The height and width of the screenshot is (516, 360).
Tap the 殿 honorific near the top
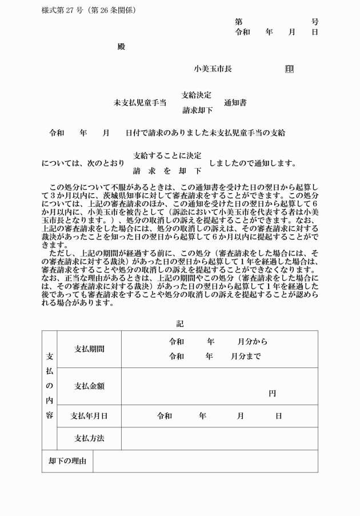tap(121, 46)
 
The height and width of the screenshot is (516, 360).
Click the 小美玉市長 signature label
tap(213, 69)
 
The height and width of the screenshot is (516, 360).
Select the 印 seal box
tap(289, 69)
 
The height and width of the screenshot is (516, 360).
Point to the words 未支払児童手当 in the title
tap(140, 103)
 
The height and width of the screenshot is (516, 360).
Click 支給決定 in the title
tap(197, 95)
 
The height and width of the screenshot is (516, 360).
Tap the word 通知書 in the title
tap(235, 103)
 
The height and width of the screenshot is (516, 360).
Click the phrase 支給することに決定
tap(167, 155)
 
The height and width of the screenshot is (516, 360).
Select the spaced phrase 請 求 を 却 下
tap(167, 171)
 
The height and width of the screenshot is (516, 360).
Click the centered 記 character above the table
tap(180, 323)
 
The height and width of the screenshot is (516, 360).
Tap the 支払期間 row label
tap(89, 349)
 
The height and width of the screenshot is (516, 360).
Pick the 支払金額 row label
tap(89, 386)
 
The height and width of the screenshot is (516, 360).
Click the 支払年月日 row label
tap(89, 416)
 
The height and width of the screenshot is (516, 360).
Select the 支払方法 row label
tap(89, 439)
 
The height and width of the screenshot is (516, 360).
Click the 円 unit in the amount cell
tap(273, 394)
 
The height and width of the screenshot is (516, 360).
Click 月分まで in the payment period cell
tap(246, 356)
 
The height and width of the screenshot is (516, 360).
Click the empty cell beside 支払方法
tap(219, 439)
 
